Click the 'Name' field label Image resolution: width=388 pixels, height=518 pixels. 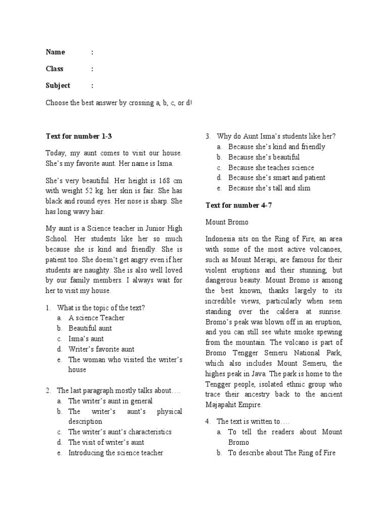click(56, 52)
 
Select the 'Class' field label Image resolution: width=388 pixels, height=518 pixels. click(55, 69)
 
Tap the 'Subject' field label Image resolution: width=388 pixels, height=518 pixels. click(58, 85)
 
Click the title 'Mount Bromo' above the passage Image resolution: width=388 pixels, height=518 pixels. click(227, 222)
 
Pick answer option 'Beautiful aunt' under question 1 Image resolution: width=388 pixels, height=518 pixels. click(90, 328)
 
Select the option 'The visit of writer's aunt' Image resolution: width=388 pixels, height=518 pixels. click(106, 442)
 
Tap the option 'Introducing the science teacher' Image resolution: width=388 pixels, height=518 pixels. click(116, 453)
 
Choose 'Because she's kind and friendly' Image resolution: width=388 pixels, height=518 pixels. click(276, 147)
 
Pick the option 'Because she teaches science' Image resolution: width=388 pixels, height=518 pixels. click(271, 167)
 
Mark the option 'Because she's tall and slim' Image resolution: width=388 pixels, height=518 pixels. click(269, 188)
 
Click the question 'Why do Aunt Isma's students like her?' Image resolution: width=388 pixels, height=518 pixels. click(276, 136)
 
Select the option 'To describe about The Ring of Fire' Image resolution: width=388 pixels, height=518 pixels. click(281, 453)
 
